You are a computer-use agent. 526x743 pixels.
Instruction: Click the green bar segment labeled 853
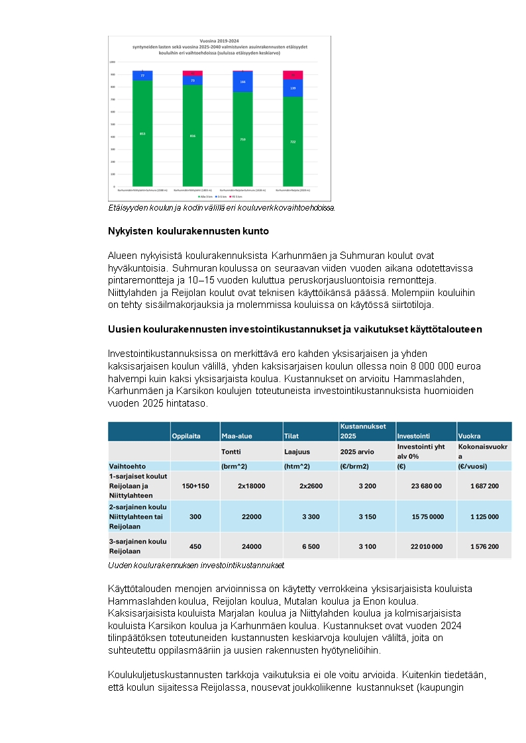[142, 133]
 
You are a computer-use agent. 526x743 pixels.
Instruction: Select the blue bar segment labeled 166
[242, 81]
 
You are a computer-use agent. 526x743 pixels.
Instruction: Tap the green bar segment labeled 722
[293, 141]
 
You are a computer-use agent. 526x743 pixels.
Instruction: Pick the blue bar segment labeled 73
[193, 80]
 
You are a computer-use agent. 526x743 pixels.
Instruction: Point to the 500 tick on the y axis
[112, 124]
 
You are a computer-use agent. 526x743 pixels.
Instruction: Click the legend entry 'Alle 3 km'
[205, 197]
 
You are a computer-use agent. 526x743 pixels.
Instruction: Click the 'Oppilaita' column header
[186, 436]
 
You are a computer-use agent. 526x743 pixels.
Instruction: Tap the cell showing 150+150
[195, 485]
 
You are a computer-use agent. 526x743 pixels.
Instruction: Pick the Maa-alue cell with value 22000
[251, 517]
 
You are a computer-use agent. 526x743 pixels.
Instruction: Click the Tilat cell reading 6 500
[311, 546]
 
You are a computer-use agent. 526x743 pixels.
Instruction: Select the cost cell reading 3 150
[367, 517]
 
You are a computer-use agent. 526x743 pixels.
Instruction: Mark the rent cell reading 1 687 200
[484, 485]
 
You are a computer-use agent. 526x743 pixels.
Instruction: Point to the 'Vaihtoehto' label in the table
[127, 466]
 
